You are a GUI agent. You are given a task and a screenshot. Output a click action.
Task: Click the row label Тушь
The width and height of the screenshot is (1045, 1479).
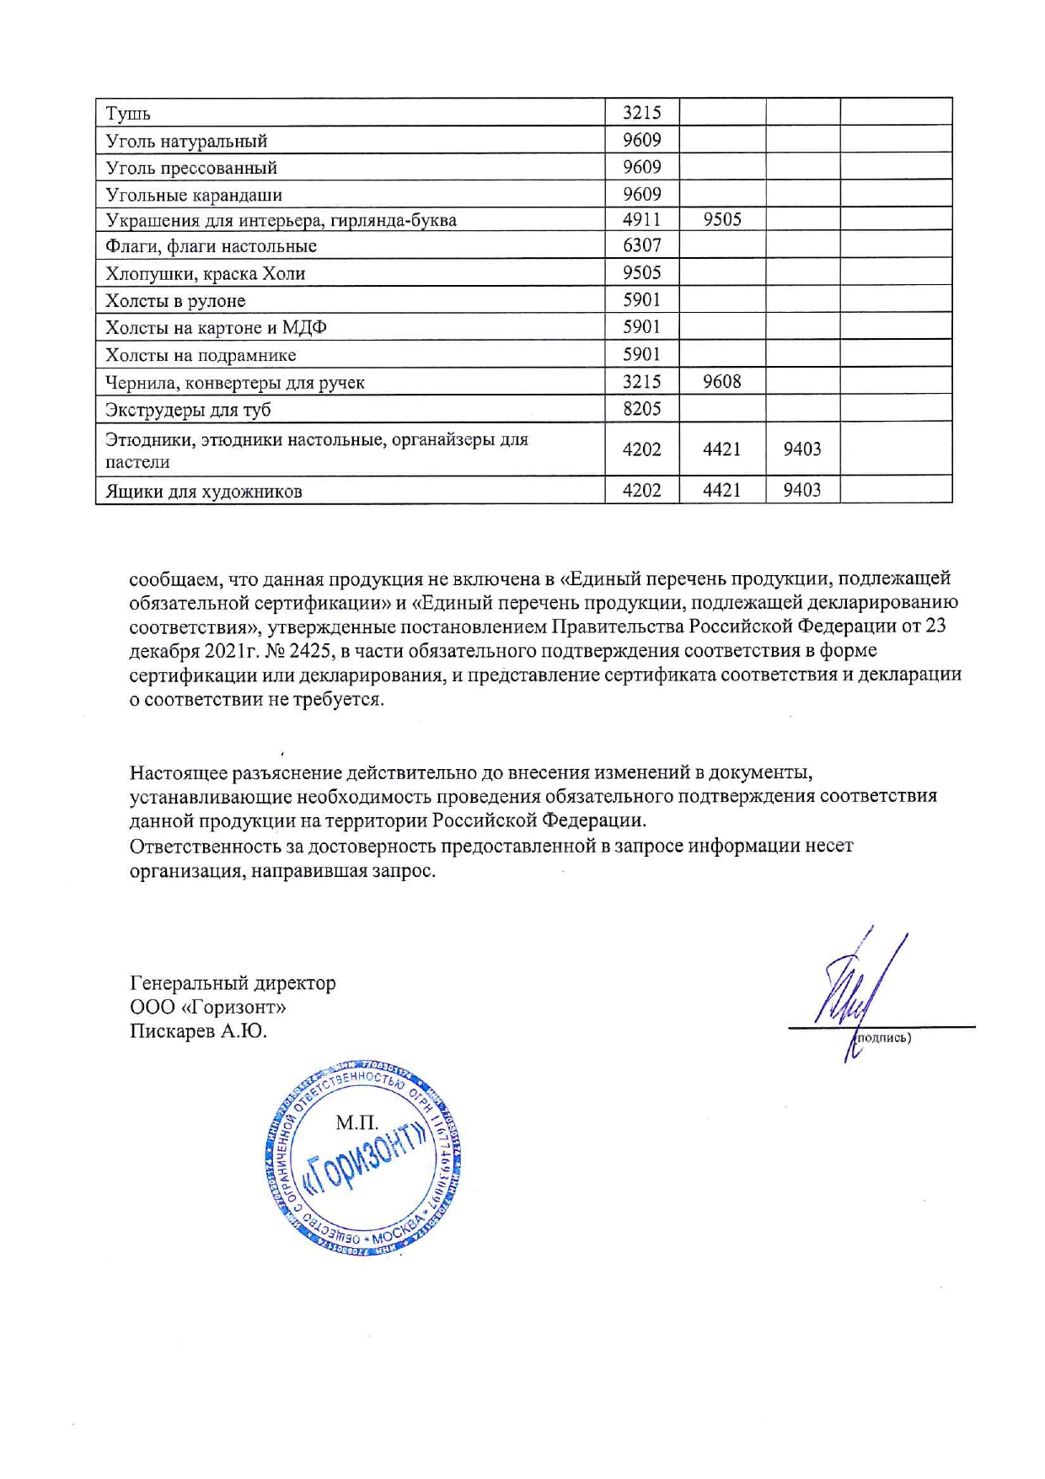pos(128,113)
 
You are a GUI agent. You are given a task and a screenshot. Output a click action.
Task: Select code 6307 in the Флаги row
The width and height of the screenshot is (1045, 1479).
pos(641,245)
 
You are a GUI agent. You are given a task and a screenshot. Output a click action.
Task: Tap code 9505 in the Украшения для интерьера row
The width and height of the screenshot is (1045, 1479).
pos(721,219)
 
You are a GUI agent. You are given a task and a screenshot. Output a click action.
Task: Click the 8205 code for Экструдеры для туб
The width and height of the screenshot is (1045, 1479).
pos(641,409)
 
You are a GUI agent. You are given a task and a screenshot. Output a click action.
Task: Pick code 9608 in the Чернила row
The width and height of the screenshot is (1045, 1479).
pos(721,381)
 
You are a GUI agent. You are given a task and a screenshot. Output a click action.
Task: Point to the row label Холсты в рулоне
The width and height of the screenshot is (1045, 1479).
pos(175,301)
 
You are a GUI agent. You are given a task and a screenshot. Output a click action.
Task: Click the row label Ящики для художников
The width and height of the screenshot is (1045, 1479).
pos(203,492)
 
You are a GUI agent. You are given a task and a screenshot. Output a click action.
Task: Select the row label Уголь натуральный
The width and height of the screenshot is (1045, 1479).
pos(186,141)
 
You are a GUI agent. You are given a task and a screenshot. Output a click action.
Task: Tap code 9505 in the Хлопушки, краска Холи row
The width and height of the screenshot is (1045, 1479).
pos(641,272)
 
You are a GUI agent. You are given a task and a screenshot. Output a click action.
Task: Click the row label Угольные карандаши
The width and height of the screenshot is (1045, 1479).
pos(194,195)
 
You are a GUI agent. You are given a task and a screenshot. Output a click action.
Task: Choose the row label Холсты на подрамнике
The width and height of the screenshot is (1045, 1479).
pos(201,355)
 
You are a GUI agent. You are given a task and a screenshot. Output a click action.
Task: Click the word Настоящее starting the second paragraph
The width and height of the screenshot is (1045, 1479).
pos(178,772)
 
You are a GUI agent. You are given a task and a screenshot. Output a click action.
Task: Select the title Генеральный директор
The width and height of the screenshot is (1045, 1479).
pos(233,982)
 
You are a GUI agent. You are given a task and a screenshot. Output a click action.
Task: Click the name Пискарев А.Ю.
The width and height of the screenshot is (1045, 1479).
pos(198,1031)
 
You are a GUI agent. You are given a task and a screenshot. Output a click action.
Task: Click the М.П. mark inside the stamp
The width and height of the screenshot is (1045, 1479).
pos(356,1122)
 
